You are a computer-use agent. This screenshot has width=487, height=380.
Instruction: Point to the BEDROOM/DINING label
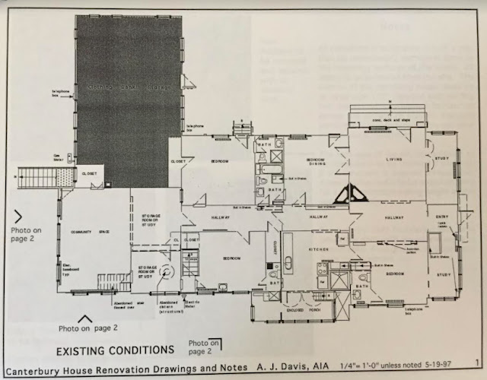316,162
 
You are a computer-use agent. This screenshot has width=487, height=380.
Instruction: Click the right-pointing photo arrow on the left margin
17,216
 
